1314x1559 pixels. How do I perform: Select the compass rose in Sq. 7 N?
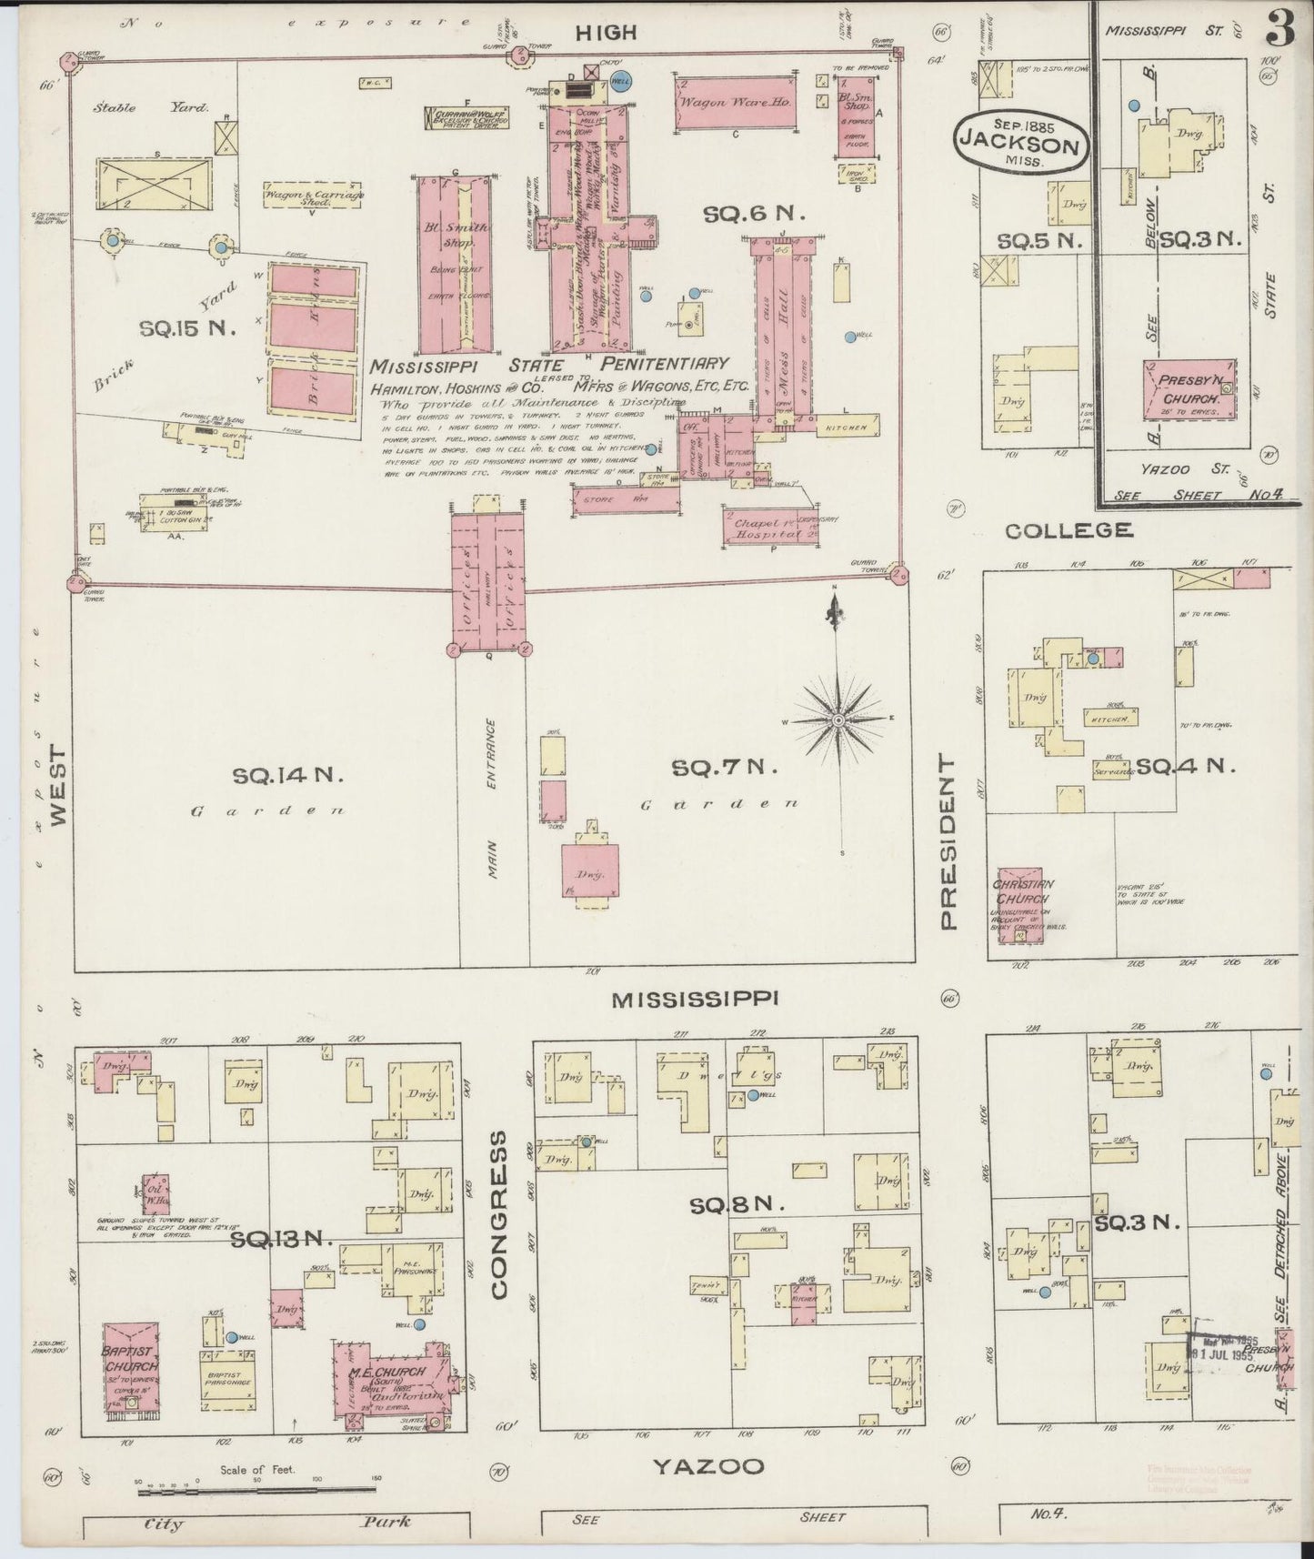point(838,718)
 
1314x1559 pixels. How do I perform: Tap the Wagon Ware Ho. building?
point(734,103)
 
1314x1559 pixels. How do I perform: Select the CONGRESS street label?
point(499,1214)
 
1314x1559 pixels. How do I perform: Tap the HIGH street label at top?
point(605,33)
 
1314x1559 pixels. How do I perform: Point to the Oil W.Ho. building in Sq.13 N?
point(154,1192)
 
